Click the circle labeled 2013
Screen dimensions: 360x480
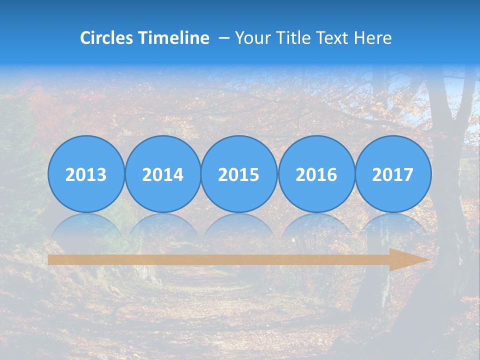pyautogui.click(x=86, y=174)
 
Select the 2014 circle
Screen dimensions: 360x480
pyautogui.click(x=163, y=174)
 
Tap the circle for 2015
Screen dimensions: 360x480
pyautogui.click(x=239, y=174)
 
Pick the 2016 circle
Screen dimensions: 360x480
pyautogui.click(x=316, y=174)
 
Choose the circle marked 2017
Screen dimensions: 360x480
pyautogui.click(x=393, y=174)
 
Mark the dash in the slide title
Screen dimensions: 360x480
pyautogui.click(x=224, y=38)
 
